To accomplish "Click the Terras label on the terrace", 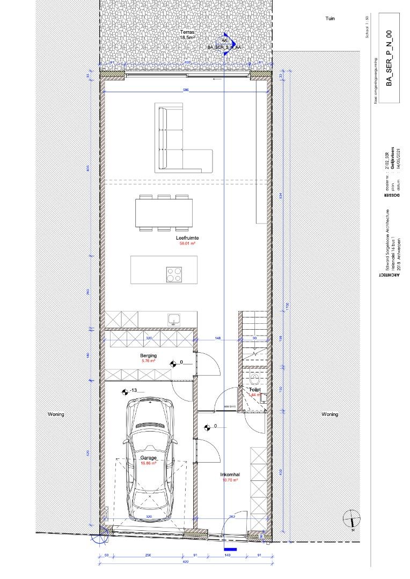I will pyautogui.click(x=187, y=33).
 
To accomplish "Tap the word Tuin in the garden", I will pyautogui.click(x=330, y=18).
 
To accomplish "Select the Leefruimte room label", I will pyautogui.click(x=184, y=237).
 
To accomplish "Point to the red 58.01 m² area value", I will pyautogui.click(x=187, y=243).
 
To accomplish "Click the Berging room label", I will pyautogui.click(x=148, y=355).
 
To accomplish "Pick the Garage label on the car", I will pyautogui.click(x=148, y=458).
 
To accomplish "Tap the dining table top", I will pyautogui.click(x=164, y=213).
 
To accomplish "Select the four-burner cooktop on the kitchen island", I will pyautogui.click(x=173, y=274).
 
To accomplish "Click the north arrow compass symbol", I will pyautogui.click(x=352, y=519).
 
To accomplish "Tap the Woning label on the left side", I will pyautogui.click(x=56, y=414).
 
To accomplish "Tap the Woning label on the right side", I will pyautogui.click(x=330, y=414).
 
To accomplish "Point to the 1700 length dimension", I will pyautogui.click(x=288, y=306).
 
